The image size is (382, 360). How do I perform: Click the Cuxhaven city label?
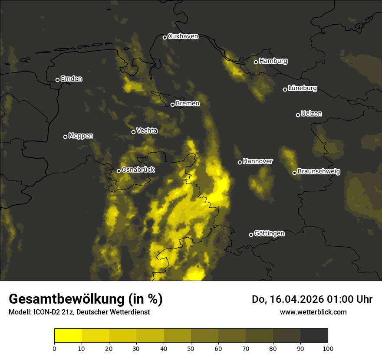(183, 36)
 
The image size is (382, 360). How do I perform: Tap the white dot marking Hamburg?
(256, 62)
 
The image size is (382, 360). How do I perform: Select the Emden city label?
(71, 79)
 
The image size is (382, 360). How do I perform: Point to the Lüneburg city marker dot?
(285, 89)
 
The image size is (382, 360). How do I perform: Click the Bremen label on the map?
(188, 104)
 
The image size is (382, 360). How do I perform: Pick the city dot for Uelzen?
(298, 115)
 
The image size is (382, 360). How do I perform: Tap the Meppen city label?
(81, 136)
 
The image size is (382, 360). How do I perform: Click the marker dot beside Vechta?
(133, 132)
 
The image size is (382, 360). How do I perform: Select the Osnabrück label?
(138, 170)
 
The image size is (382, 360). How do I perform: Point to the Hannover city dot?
(240, 162)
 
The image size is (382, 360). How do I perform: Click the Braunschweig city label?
(319, 172)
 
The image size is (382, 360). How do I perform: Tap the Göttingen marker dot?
(251, 235)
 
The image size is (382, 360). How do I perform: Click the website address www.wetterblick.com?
(313, 312)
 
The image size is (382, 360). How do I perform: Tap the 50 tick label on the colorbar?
(191, 348)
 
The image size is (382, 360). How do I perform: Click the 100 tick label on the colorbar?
(328, 348)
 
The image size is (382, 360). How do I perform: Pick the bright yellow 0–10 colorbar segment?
(68, 335)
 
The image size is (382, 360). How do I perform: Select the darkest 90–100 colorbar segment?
(314, 335)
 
